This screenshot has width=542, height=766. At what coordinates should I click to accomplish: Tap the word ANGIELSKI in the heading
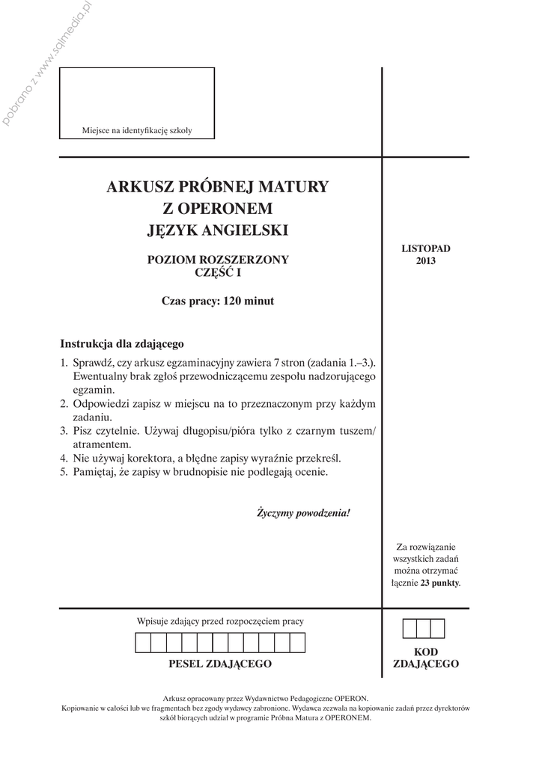click(x=249, y=230)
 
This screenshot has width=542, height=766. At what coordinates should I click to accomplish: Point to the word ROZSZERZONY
click(x=243, y=260)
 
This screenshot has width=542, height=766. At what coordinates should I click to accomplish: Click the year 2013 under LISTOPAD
click(x=425, y=261)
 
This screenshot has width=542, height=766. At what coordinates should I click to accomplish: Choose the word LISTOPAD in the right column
click(x=425, y=248)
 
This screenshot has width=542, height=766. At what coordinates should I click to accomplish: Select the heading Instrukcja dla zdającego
click(x=122, y=344)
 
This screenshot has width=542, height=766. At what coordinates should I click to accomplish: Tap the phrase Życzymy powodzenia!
click(x=303, y=513)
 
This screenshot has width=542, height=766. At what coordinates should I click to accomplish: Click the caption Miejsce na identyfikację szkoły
click(x=137, y=131)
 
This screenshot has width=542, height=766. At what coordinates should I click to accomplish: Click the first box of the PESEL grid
click(x=143, y=643)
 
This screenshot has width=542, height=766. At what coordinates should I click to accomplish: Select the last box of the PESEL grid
click(x=297, y=643)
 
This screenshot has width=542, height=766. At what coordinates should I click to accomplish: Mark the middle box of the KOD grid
click(x=424, y=628)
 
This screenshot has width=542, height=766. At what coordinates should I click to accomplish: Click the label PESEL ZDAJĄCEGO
click(x=220, y=664)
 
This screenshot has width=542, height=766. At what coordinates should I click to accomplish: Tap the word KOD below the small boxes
click(x=425, y=652)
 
